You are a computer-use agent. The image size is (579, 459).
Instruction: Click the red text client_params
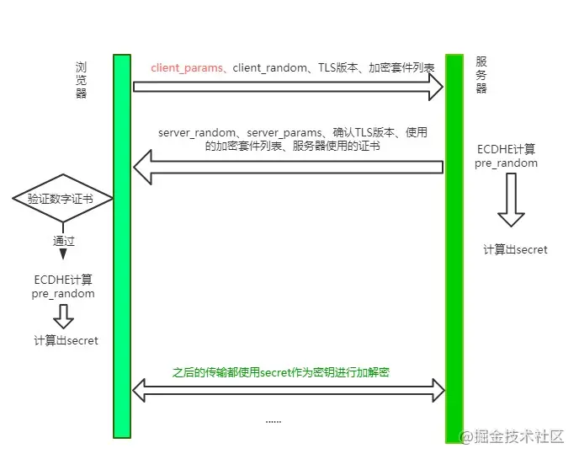(x=188, y=67)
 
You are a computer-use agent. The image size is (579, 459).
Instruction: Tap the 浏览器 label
(x=81, y=80)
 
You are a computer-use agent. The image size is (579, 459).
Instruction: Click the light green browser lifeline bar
(x=122, y=244)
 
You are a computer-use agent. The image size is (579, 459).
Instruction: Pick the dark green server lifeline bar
(x=454, y=244)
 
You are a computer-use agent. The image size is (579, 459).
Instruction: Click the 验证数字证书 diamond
(x=61, y=200)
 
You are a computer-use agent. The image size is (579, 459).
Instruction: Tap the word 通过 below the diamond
(x=63, y=240)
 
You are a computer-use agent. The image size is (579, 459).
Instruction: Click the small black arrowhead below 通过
(x=63, y=254)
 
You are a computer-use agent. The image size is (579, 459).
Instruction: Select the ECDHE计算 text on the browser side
(x=63, y=280)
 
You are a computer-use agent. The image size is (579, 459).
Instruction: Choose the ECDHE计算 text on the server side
(x=506, y=149)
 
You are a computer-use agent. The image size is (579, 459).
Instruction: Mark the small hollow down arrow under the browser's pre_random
(x=63, y=317)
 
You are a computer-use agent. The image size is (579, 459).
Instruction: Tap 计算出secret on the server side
(x=515, y=250)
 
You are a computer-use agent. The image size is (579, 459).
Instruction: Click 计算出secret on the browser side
(x=66, y=341)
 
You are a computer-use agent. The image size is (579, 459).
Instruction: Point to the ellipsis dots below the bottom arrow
(x=274, y=420)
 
